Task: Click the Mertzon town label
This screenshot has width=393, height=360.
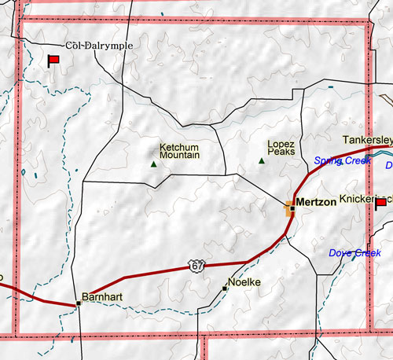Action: click(x=318, y=202)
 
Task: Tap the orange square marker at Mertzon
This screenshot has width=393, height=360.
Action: click(x=290, y=208)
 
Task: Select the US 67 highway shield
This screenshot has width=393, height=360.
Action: click(x=195, y=267)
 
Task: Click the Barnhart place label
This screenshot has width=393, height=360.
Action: click(x=105, y=297)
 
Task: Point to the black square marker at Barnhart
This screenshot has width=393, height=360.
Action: click(x=78, y=303)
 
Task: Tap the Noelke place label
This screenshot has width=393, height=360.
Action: click(x=243, y=281)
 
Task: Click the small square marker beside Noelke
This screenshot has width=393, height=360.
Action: click(x=226, y=288)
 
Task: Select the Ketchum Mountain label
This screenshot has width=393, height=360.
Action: click(x=180, y=151)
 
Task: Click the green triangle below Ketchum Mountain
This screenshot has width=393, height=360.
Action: click(x=153, y=163)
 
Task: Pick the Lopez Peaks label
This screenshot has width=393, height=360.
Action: click(x=281, y=148)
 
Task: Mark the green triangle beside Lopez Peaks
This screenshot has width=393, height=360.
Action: click(x=262, y=161)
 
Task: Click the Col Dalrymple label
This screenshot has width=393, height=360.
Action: click(x=100, y=46)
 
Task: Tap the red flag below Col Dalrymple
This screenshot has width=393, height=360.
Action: click(x=55, y=61)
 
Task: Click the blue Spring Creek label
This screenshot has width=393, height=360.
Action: click(x=342, y=160)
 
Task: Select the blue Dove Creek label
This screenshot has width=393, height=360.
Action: click(x=354, y=253)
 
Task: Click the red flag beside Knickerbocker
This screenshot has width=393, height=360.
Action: click(x=381, y=204)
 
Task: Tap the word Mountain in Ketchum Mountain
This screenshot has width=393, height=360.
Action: click(x=180, y=156)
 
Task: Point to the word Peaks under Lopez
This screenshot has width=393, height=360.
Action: click(x=281, y=152)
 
